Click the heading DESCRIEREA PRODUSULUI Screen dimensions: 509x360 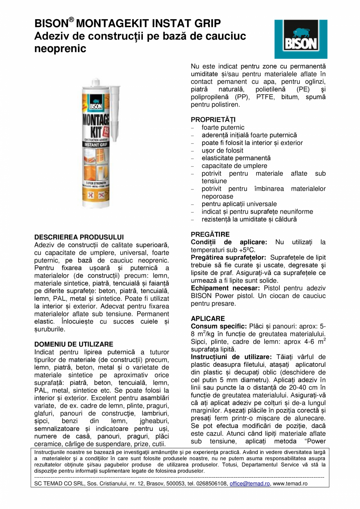pyautogui.click(x=79, y=237)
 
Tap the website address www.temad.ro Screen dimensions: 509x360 pyautogui.click(x=290, y=484)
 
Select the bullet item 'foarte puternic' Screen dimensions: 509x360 pyautogui.click(x=223, y=128)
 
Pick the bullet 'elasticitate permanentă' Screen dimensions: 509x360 pyautogui.click(x=236, y=158)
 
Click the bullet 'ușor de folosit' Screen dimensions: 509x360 pyautogui.click(x=222, y=150)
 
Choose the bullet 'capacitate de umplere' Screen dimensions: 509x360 pyautogui.click(x=234, y=166)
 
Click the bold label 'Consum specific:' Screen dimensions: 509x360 pyautogui.click(x=216, y=326)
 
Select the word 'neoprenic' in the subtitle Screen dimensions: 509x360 pyautogui.click(x=60, y=49)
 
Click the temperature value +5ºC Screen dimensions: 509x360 pyautogui.click(x=248, y=250)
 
